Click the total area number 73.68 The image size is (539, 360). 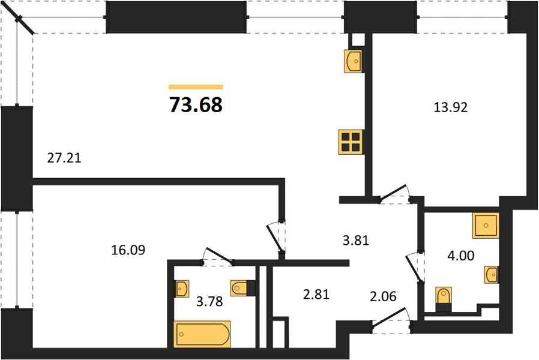pos(196,105)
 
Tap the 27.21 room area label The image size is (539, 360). pos(64,158)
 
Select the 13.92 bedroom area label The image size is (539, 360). pos(451,107)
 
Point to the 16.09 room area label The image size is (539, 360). pos(128,250)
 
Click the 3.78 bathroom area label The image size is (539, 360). pos(209,301)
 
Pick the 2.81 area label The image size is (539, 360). pos(316,294)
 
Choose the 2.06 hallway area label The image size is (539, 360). pos(384,296)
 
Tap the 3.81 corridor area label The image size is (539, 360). pos(356,240)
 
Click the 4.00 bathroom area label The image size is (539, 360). pos(460,255)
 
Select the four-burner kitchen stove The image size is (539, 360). pos(351,142)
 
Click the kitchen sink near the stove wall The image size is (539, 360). pos(353,61)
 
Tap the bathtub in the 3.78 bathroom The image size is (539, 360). pos(202,334)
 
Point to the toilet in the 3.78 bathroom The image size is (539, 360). pos(243,288)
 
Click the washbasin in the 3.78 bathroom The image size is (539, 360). pos(181,289)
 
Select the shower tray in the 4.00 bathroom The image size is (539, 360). pos(486,226)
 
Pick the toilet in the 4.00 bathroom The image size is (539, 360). pos(444,299)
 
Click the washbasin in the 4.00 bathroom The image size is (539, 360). pos(491,274)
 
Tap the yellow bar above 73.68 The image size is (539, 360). pos(196,87)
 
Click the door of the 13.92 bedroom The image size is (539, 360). pos(393,193)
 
